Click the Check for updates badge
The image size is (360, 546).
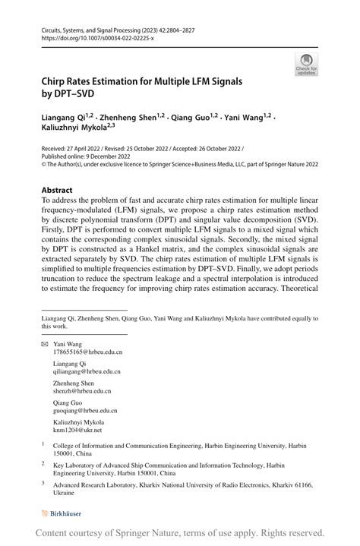(306, 64)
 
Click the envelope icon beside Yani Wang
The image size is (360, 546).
(43, 344)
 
